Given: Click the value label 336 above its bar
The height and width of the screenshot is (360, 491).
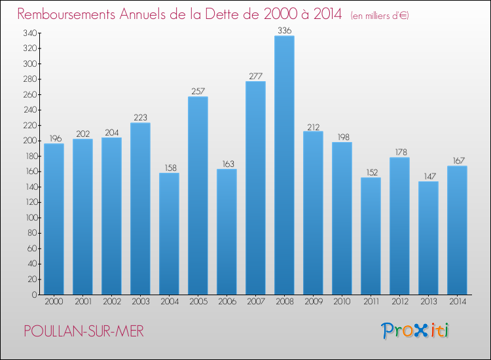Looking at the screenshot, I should click(284, 30).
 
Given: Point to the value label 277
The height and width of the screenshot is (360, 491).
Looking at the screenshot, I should click(255, 76).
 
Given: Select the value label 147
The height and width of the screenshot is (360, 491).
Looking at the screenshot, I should click(428, 176).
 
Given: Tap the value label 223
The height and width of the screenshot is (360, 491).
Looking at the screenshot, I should click(140, 117).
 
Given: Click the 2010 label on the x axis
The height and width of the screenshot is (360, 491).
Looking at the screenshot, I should click(342, 302).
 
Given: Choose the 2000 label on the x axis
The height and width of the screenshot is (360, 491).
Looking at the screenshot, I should click(54, 302).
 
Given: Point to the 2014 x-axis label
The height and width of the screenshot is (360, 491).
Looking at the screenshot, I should click(457, 302).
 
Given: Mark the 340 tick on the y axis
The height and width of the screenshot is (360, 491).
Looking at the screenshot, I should click(28, 33).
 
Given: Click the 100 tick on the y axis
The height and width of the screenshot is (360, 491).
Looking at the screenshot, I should click(28, 218).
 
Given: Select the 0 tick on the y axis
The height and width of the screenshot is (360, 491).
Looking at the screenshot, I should click(33, 295).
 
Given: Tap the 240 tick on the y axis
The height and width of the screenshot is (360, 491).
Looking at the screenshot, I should click(28, 110).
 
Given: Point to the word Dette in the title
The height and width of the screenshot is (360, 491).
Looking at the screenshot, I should click(244, 14).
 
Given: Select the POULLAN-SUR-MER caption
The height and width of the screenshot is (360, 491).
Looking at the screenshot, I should click(83, 332).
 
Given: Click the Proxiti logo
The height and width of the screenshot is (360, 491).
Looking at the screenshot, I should click(415, 331).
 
